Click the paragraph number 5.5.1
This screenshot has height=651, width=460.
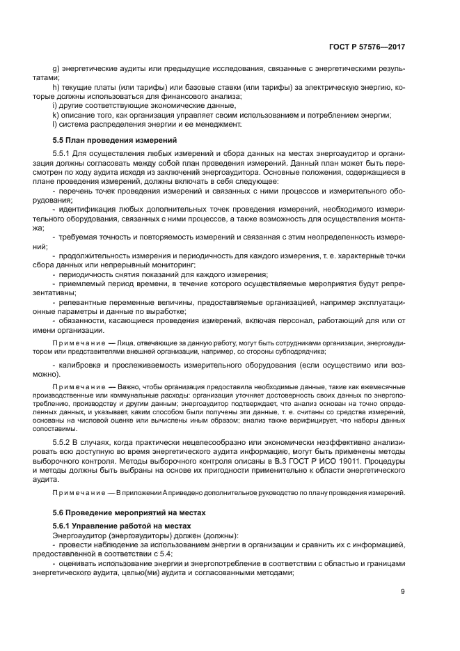[x=62, y=152]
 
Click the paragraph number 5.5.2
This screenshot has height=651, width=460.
[x=62, y=442]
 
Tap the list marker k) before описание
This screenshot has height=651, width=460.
[x=56, y=114]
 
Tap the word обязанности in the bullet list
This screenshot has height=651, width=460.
[x=82, y=321]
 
